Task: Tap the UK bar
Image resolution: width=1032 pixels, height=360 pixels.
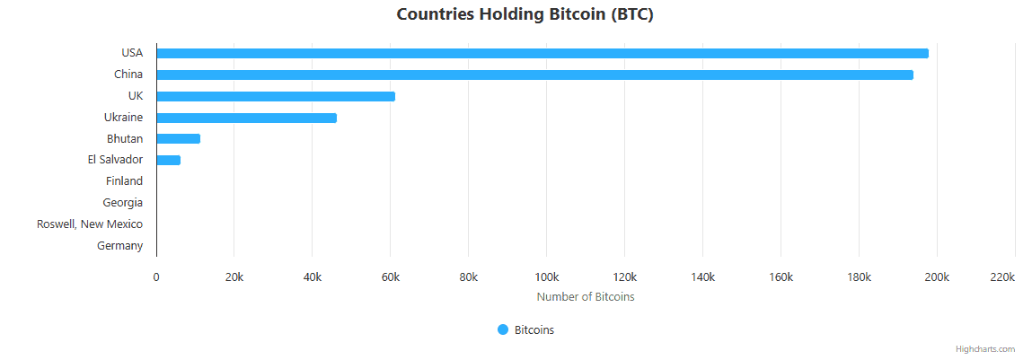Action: (276, 96)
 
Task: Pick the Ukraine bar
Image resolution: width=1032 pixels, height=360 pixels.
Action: (246, 118)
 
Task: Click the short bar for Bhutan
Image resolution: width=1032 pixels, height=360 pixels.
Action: (178, 139)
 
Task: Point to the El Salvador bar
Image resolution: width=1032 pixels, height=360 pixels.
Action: (168, 161)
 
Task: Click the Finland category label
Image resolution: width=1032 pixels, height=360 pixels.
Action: (124, 181)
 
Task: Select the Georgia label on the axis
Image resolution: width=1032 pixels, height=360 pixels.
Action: (122, 203)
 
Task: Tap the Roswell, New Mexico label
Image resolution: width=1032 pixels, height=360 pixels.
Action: (90, 224)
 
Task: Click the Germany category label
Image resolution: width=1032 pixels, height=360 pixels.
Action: (119, 246)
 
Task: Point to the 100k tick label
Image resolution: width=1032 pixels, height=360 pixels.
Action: (546, 277)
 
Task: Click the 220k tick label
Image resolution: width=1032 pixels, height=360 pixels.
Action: (1001, 277)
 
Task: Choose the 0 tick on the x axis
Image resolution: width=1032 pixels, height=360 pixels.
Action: (156, 277)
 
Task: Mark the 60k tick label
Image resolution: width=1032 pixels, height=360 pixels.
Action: (390, 277)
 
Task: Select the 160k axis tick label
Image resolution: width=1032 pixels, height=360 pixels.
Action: (781, 277)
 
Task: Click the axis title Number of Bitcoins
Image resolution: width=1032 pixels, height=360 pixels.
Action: (585, 297)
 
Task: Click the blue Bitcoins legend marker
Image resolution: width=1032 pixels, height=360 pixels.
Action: (503, 329)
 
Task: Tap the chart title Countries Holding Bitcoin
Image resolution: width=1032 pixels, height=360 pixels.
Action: (525, 15)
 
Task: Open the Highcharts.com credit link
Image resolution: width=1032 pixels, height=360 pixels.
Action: (985, 349)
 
